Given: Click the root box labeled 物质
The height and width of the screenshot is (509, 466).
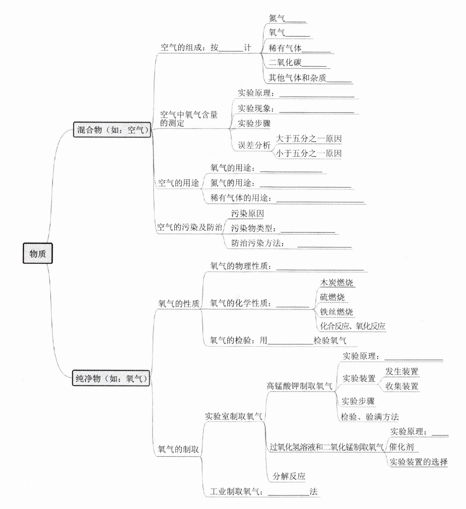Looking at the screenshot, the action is [x=38, y=253].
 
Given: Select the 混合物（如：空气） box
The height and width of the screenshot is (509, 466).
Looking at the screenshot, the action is [x=112, y=130].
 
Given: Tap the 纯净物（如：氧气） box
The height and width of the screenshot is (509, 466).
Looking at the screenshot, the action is [x=111, y=378].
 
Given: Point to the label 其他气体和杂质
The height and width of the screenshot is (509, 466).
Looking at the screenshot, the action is [x=297, y=78].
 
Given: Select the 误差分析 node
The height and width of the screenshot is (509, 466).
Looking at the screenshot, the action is [x=254, y=145].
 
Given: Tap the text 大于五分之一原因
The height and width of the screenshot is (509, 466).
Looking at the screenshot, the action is [x=309, y=139].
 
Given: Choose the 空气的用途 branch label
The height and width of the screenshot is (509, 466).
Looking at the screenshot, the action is [x=179, y=183].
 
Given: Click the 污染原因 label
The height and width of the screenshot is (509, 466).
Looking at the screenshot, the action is [x=247, y=213].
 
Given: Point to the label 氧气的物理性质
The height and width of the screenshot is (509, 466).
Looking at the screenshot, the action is [x=239, y=266].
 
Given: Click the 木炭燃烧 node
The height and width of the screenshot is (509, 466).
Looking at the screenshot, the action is [x=337, y=283].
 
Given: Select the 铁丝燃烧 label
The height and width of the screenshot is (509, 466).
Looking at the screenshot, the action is [x=336, y=312].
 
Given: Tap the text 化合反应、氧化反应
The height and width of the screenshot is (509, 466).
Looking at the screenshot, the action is [x=353, y=326].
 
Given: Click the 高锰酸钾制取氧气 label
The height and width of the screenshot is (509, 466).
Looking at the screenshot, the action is [x=299, y=386].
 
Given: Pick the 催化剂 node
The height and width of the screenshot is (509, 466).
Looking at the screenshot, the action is [x=401, y=447].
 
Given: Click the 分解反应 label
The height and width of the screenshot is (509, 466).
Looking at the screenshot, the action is [x=289, y=476].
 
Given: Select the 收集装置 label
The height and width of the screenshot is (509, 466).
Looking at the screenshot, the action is [x=402, y=386].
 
